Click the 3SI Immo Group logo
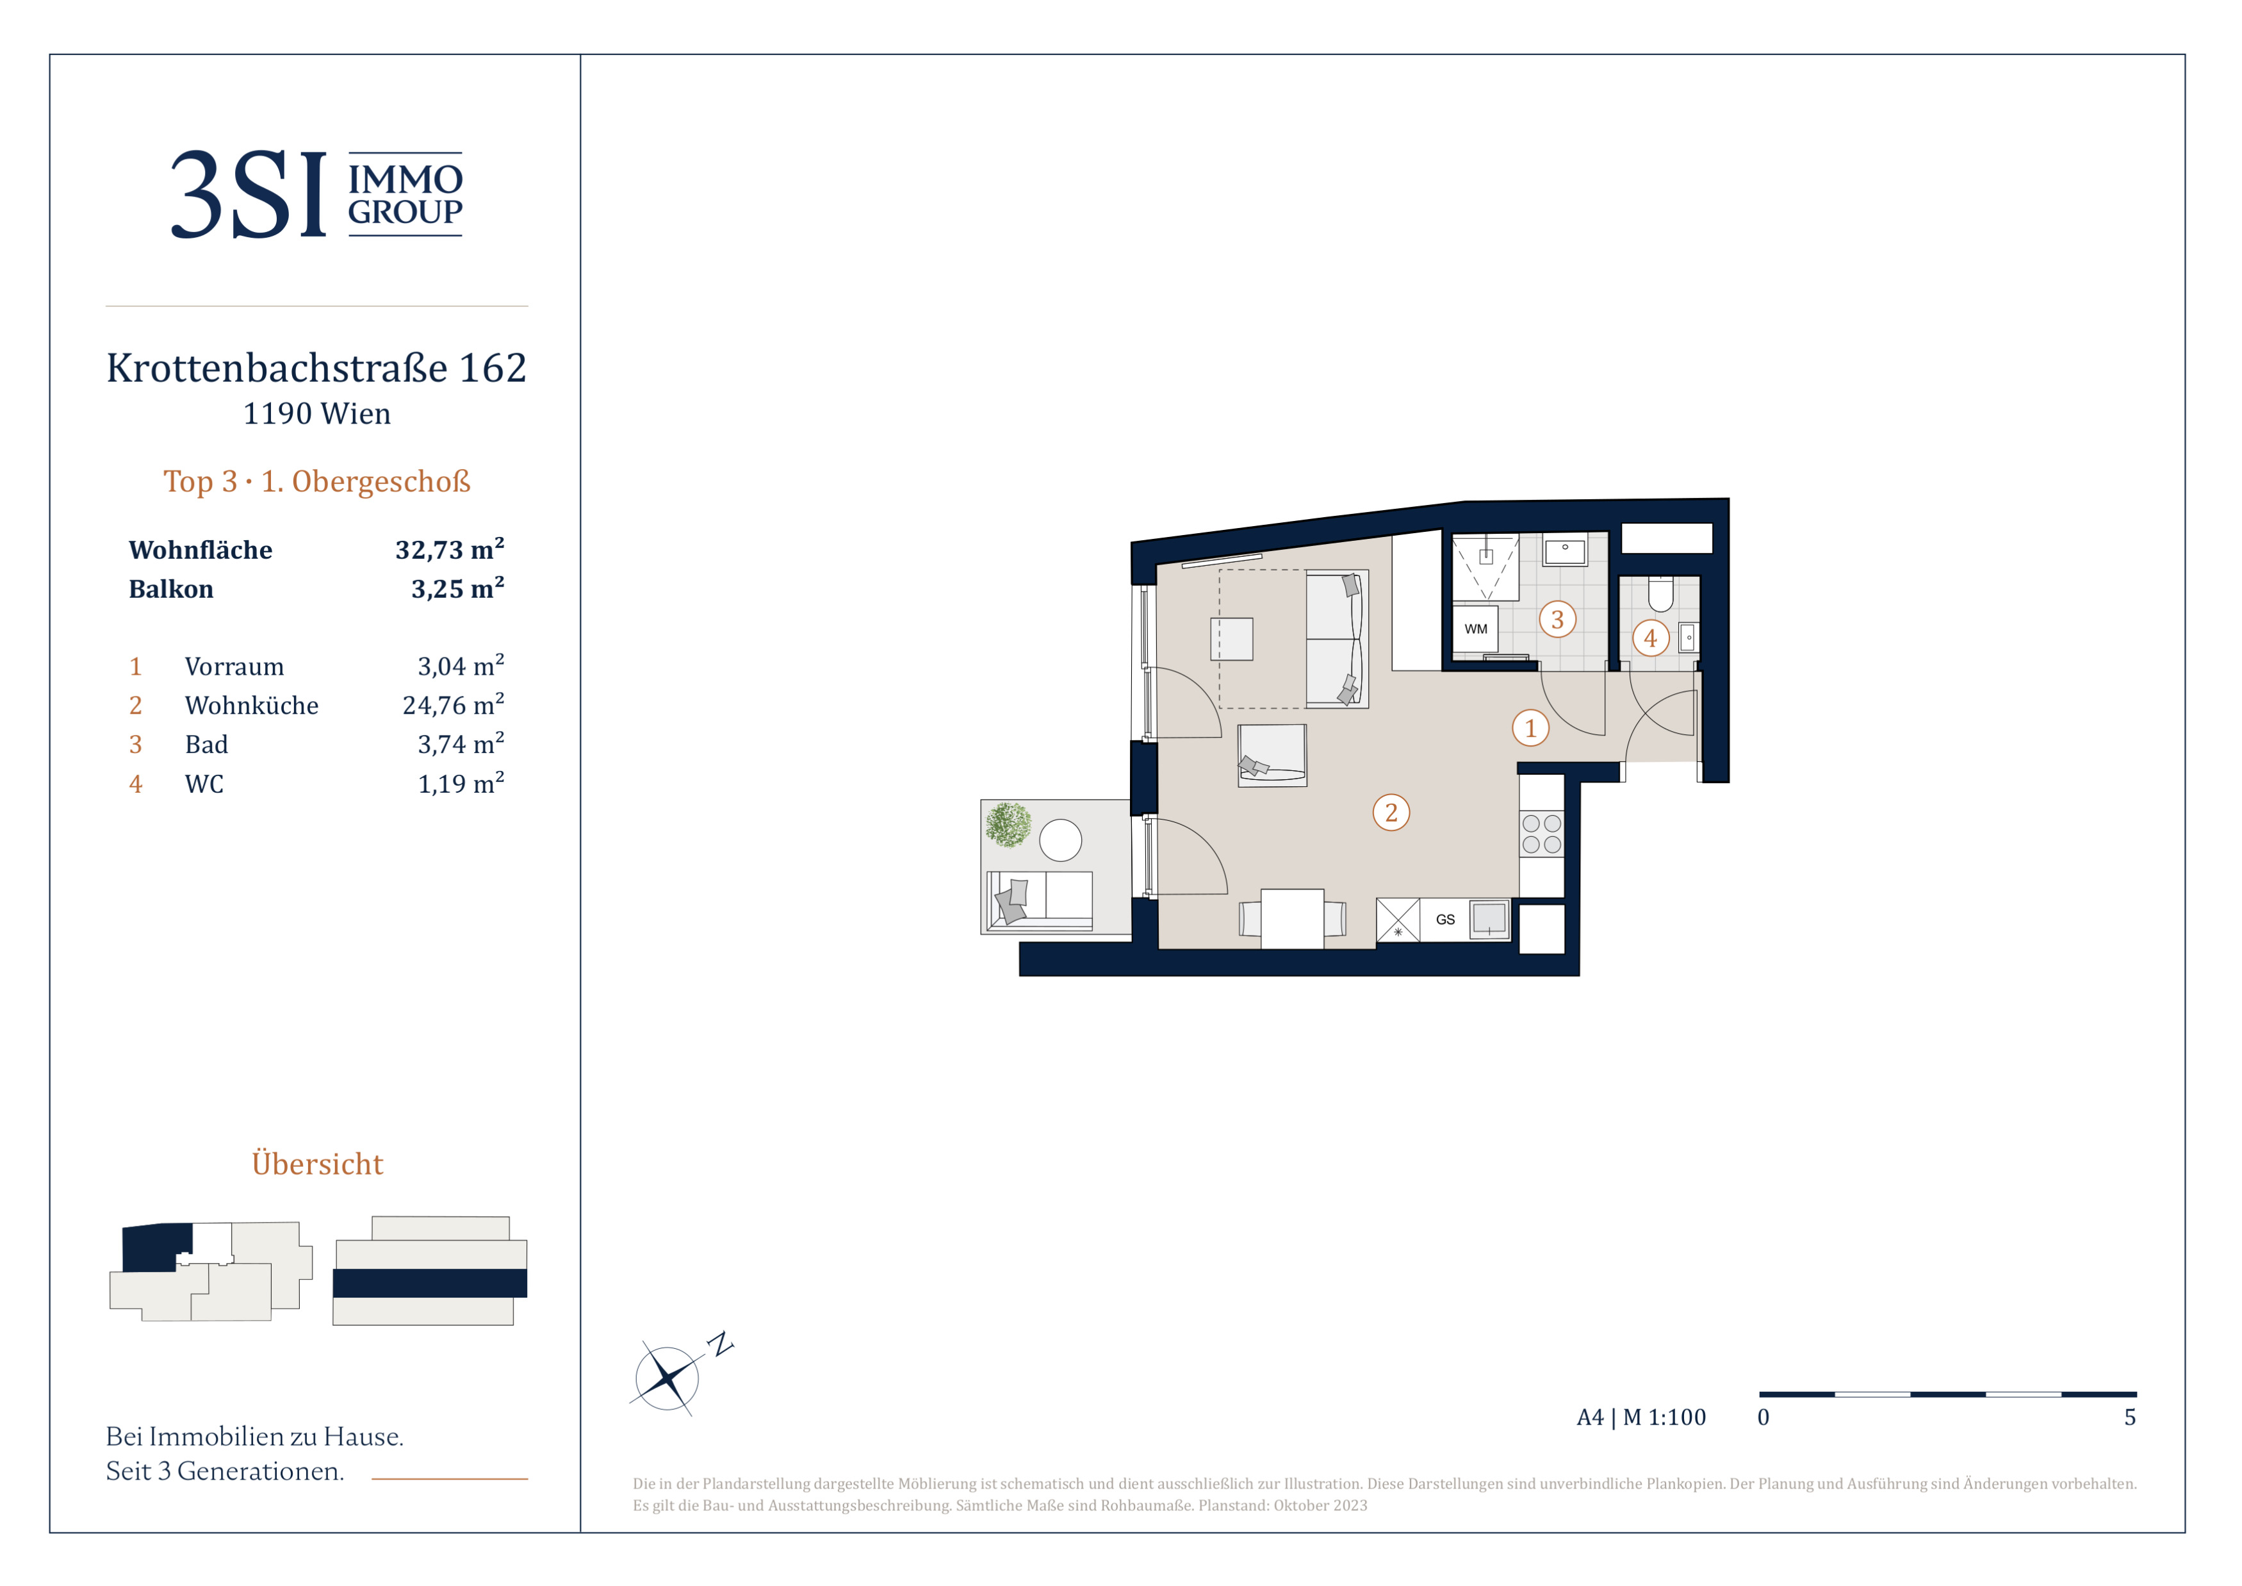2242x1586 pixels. click(316, 194)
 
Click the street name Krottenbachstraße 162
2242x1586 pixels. click(316, 368)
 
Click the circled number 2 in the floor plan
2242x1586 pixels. click(1391, 813)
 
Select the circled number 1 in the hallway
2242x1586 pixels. click(1530, 727)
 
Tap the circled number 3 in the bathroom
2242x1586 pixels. click(1557, 619)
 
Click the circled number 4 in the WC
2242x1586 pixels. click(1650, 638)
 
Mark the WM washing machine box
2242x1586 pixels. click(1475, 629)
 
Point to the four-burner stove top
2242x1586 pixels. click(1541, 834)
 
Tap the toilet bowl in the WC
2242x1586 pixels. click(1660, 593)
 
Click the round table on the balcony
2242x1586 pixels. click(1060, 840)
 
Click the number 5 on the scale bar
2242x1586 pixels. click(2130, 1417)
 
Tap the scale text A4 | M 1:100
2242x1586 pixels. click(1641, 1417)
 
